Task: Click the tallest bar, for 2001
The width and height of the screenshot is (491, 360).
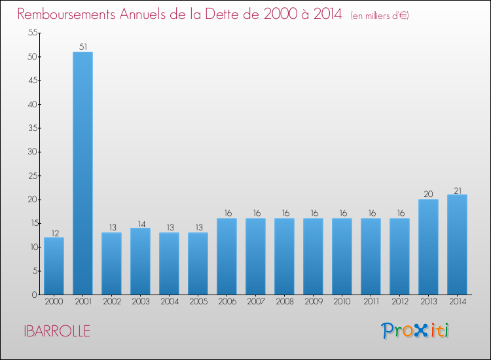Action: pyautogui.click(x=82, y=173)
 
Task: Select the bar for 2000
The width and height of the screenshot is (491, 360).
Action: pyautogui.click(x=54, y=266)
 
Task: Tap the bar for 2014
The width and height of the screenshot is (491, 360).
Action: pyautogui.click(x=457, y=245)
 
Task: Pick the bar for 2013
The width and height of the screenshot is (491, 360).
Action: pyautogui.click(x=428, y=247)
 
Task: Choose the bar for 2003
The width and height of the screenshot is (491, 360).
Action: pyautogui.click(x=140, y=261)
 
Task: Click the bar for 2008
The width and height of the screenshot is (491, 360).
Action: pyautogui.click(x=284, y=257)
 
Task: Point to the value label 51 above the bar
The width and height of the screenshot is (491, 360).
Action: pyautogui.click(x=82, y=47)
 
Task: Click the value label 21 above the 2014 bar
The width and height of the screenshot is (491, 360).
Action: pyautogui.click(x=457, y=190)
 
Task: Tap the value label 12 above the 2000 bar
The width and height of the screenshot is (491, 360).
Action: pyautogui.click(x=54, y=233)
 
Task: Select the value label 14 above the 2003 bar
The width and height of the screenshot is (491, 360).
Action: pyautogui.click(x=140, y=223)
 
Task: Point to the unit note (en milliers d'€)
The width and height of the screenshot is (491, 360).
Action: pyautogui.click(x=380, y=16)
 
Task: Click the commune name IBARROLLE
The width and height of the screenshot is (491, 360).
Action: pyautogui.click(x=55, y=331)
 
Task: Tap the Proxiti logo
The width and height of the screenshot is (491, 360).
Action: pyautogui.click(x=416, y=331)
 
